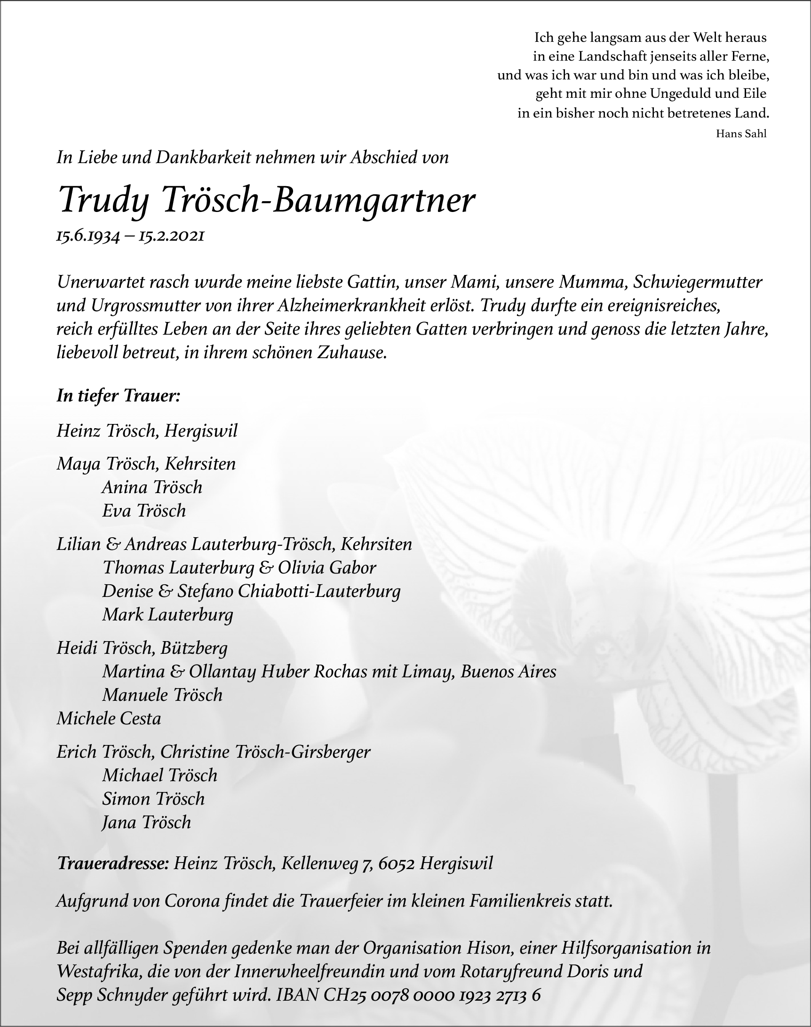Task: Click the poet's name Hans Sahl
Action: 741,134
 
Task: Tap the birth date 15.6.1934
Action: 88,236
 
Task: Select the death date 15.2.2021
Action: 171,236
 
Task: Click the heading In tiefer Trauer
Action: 118,396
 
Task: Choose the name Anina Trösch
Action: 152,487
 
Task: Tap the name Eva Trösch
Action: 144,510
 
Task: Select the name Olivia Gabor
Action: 327,567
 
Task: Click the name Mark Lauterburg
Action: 167,615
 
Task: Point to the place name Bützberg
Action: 194,648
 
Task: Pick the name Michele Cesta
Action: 109,719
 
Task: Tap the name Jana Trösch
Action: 146,822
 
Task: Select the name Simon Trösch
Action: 153,799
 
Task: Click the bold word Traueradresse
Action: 112,863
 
